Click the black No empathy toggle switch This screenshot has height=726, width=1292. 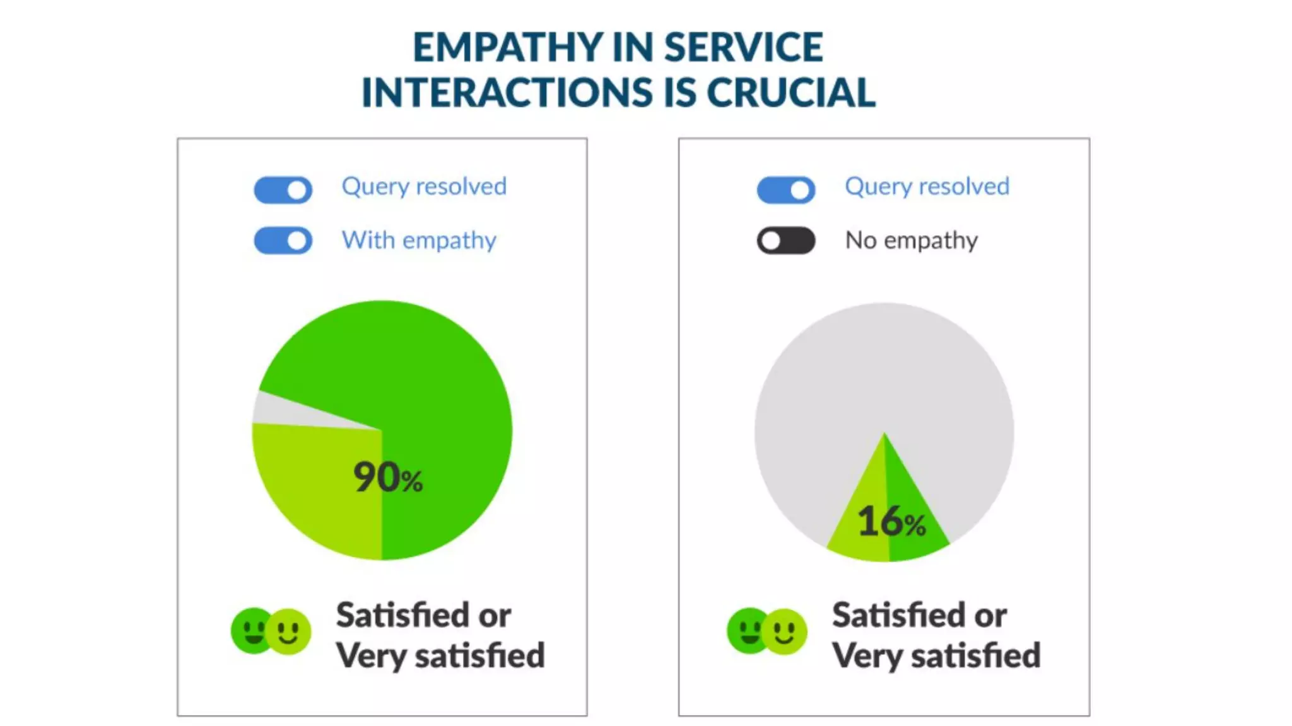pyautogui.click(x=785, y=241)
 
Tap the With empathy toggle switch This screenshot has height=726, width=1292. pyautogui.click(x=283, y=241)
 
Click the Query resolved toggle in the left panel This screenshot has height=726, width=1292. pyautogui.click(x=283, y=190)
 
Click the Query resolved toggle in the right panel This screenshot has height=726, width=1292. pyautogui.click(x=785, y=190)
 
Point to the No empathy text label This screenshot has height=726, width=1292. pyautogui.click(x=911, y=241)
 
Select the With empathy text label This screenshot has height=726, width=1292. pyautogui.click(x=419, y=241)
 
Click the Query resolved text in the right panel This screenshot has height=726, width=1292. pyautogui.click(x=927, y=187)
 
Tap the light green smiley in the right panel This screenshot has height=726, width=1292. pyautogui.click(x=785, y=631)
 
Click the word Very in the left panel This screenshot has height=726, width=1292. pyautogui.click(x=371, y=656)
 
